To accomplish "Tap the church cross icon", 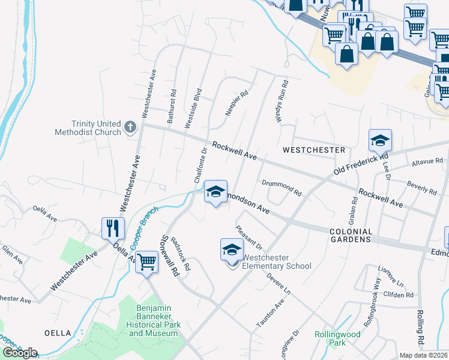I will tap(130, 127).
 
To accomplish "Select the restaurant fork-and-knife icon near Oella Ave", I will tap(113, 228).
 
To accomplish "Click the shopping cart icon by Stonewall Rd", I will tap(146, 262).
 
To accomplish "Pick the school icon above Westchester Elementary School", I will tap(232, 250).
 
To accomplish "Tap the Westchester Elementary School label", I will tap(277, 262).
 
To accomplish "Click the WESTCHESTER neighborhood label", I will tap(314, 149).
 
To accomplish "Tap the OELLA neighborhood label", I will tap(56, 332).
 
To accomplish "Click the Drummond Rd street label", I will tap(282, 188).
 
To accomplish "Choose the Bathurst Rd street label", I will tap(172, 106).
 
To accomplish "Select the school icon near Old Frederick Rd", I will tap(380, 141).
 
